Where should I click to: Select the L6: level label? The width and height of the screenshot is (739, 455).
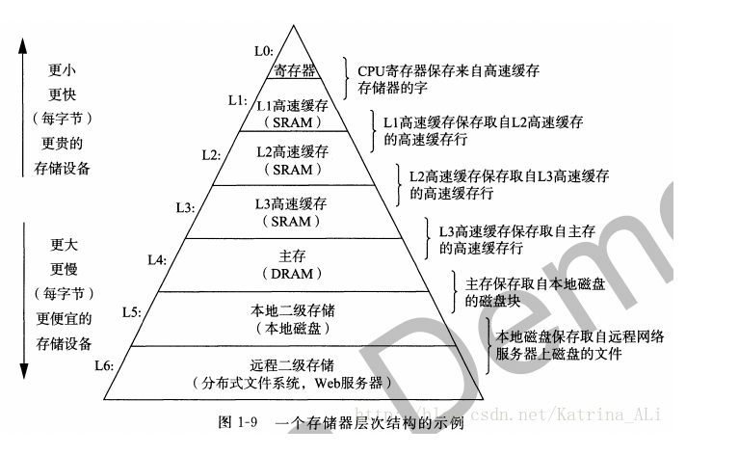[x=105, y=365]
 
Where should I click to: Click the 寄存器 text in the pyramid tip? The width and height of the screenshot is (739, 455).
[x=294, y=69]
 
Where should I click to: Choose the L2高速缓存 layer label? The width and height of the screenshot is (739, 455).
[x=293, y=151]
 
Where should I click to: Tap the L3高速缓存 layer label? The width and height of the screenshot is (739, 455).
[x=294, y=203]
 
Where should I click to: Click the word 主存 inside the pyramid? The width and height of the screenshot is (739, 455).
[x=293, y=256]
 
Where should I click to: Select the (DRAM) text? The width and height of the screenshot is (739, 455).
[x=293, y=274]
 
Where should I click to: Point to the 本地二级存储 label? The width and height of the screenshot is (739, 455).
[x=294, y=309]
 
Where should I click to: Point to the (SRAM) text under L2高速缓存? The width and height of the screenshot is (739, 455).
[x=293, y=170]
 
